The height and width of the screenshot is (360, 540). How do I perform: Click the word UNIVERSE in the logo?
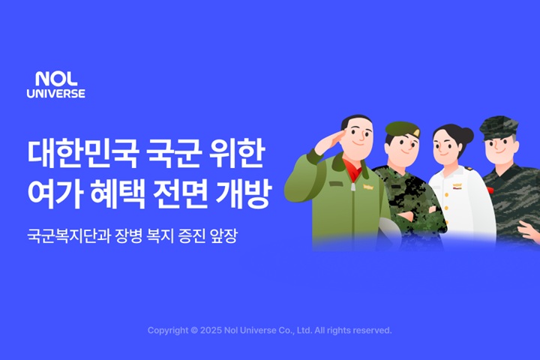point(56,93)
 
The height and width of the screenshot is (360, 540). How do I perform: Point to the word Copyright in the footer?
point(168,331)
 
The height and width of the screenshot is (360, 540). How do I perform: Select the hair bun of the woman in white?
point(467,135)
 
